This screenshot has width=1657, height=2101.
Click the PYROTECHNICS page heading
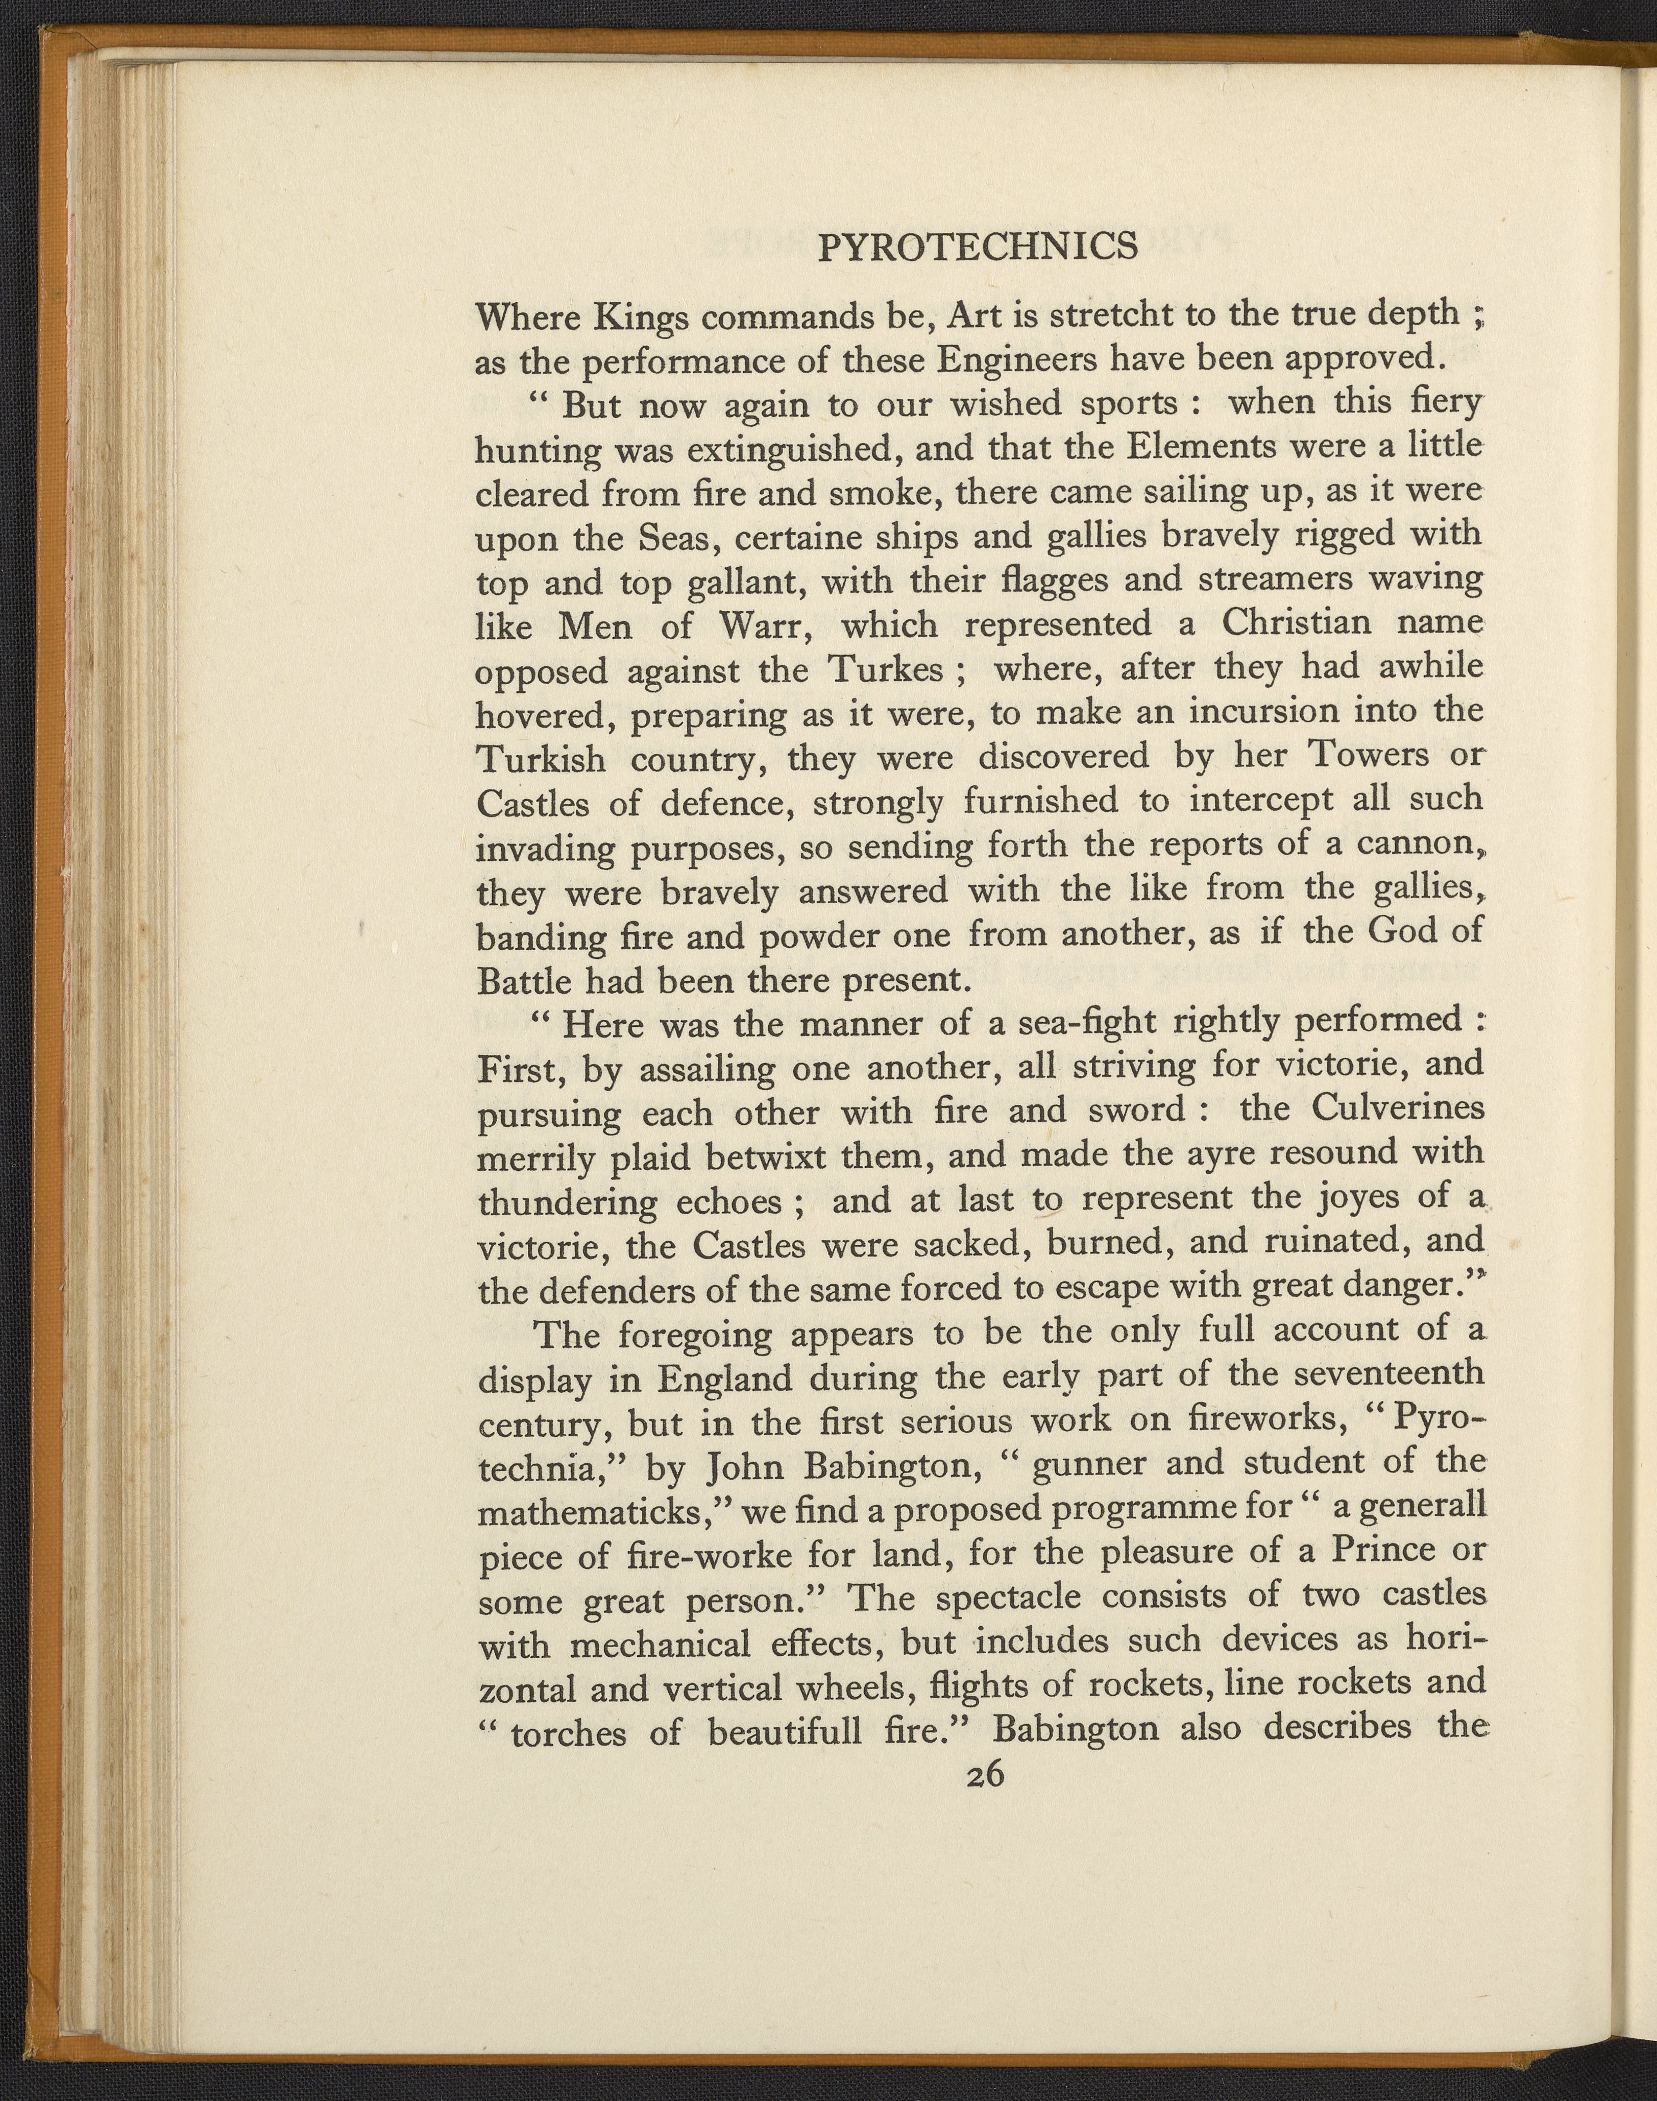(978, 249)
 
